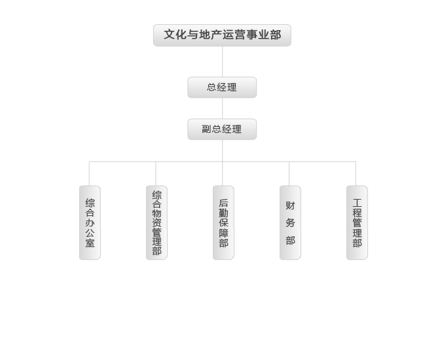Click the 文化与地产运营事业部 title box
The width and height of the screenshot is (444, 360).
coord(222,35)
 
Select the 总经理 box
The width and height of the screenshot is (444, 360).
coord(222,88)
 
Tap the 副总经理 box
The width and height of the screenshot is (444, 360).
coord(222,130)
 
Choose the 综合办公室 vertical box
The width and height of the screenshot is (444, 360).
coord(90,223)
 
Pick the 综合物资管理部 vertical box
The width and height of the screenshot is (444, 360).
coord(157,223)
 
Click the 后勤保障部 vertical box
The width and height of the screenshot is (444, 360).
coord(224,223)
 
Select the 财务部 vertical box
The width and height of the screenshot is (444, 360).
coord(291,223)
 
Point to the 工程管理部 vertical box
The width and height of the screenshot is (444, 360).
coord(358,223)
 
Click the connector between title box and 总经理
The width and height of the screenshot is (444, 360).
coord(222,62)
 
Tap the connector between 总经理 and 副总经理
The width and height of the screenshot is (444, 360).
coord(222,109)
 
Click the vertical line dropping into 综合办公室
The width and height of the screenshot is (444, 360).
coord(89,173)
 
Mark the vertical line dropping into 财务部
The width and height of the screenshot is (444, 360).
coord(289,173)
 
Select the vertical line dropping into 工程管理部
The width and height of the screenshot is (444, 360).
coord(356,173)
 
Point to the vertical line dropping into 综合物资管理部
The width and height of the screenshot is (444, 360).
coord(156,173)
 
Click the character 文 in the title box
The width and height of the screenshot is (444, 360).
coord(170,35)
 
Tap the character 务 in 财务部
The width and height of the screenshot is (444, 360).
coord(290,223)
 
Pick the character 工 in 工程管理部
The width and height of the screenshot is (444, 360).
coord(357,203)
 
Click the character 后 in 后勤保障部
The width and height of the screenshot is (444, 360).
coord(223,203)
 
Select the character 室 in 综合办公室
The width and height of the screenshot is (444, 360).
coord(90,243)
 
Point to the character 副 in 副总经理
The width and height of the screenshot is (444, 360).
coord(206,129)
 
